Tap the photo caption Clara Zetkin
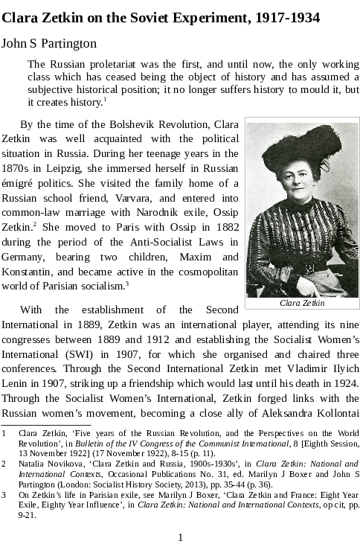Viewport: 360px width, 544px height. pos(302,303)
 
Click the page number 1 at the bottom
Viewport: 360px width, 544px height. pos(180,537)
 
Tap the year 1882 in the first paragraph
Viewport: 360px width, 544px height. pos(223,227)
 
